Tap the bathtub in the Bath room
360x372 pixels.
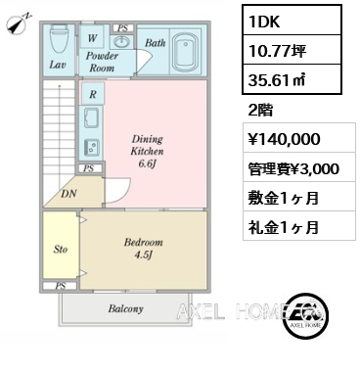click(186, 52)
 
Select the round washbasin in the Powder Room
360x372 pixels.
click(122, 41)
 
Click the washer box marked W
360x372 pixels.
click(92, 38)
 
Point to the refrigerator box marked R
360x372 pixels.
click(93, 94)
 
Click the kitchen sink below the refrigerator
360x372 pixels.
click(93, 117)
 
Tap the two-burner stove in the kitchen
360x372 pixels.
click(92, 147)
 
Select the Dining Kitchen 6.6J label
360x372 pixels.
click(147, 151)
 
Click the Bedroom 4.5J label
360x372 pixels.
click(143, 249)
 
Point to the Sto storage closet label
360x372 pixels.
click(61, 250)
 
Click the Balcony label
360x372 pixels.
click(125, 308)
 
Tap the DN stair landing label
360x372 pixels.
click(68, 194)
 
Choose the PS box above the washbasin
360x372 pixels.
click(123, 28)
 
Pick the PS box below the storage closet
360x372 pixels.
click(61, 286)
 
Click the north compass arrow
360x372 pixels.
click(19, 23)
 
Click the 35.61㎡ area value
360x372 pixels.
click(277, 80)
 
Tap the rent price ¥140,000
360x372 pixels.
click(284, 139)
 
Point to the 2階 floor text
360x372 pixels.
click(260, 111)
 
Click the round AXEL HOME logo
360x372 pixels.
click(305, 314)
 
